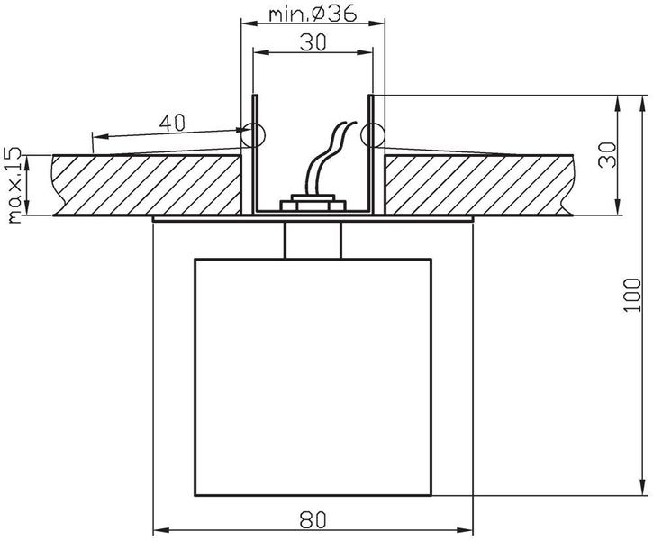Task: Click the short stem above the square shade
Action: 313,239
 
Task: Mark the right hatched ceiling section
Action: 477,185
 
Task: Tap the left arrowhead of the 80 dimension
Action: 159,528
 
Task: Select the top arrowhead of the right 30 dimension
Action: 619,99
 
